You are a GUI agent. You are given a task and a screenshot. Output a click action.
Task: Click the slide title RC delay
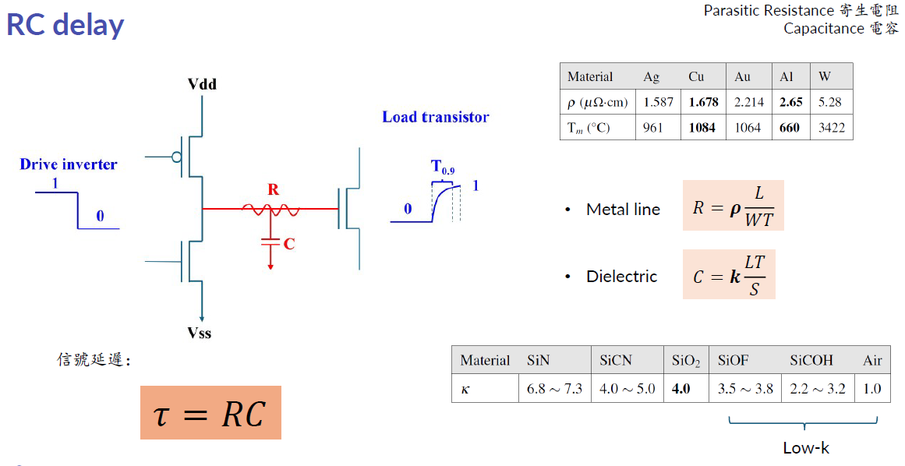coord(65,26)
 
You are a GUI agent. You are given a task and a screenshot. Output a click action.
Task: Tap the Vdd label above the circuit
coord(202,84)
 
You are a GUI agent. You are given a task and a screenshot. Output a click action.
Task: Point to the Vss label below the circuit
coord(199,333)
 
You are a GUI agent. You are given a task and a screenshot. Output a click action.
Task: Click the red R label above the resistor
coord(273,189)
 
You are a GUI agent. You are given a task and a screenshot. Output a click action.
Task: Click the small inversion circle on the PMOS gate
coord(177,157)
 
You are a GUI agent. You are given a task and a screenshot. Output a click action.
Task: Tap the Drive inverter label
coord(68,164)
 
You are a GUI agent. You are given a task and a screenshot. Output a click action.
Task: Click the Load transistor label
coord(436,117)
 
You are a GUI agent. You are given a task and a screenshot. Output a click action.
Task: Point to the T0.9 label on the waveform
coord(443,168)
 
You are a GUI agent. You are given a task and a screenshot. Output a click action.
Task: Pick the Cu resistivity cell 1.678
coord(704,102)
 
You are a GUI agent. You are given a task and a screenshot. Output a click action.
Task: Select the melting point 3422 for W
coord(831,128)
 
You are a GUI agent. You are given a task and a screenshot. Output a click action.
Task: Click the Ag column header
coord(651,76)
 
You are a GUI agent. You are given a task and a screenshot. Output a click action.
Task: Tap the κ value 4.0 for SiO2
coord(681,389)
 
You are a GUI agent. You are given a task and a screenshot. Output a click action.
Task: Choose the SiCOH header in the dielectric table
coord(811,361)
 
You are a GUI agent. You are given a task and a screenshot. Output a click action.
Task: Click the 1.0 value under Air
coord(871,389)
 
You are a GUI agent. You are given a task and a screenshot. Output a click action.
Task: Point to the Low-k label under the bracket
coord(806,448)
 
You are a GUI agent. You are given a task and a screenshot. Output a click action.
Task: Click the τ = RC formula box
coord(210,413)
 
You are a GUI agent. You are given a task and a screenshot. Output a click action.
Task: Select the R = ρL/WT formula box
coord(733,205)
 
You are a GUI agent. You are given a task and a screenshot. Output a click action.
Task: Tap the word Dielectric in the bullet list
coord(621,277)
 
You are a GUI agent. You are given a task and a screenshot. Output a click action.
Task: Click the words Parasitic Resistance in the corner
coord(769,11)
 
